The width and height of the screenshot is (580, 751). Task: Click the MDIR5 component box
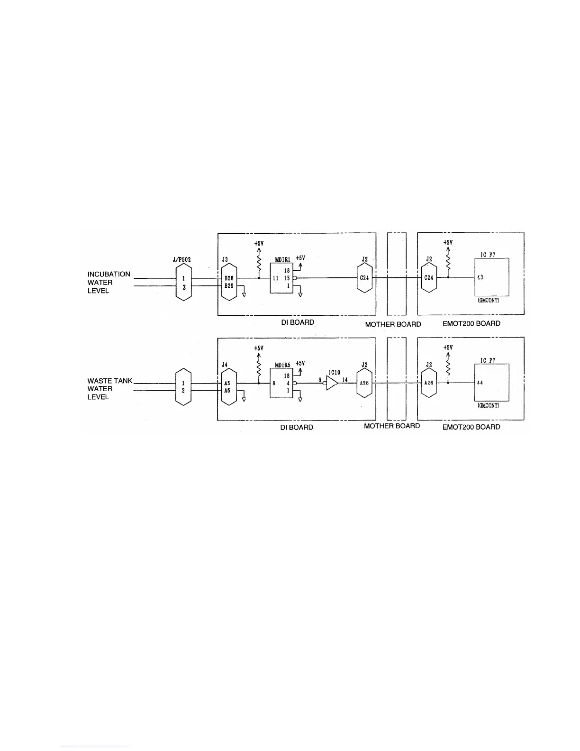281,384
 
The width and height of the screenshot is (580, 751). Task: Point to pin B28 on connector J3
228,278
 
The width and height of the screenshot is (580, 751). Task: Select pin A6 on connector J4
228,390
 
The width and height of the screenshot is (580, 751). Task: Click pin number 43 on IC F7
480,277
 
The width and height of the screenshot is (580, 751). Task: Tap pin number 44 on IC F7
480,383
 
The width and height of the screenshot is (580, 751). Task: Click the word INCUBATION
109,274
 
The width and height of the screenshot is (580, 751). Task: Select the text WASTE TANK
110,381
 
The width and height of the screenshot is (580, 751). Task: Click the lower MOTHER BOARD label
392,426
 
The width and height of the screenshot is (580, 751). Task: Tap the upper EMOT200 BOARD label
468,323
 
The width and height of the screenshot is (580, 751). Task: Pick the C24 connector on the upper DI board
364,278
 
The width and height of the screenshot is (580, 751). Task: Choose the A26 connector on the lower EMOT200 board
428,383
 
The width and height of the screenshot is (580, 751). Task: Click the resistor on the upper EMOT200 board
448,262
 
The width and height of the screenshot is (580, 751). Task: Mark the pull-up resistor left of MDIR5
259,367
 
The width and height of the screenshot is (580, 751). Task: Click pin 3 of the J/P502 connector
183,287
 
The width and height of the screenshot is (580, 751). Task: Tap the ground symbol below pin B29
244,294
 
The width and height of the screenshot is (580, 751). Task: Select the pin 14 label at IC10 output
345,380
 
